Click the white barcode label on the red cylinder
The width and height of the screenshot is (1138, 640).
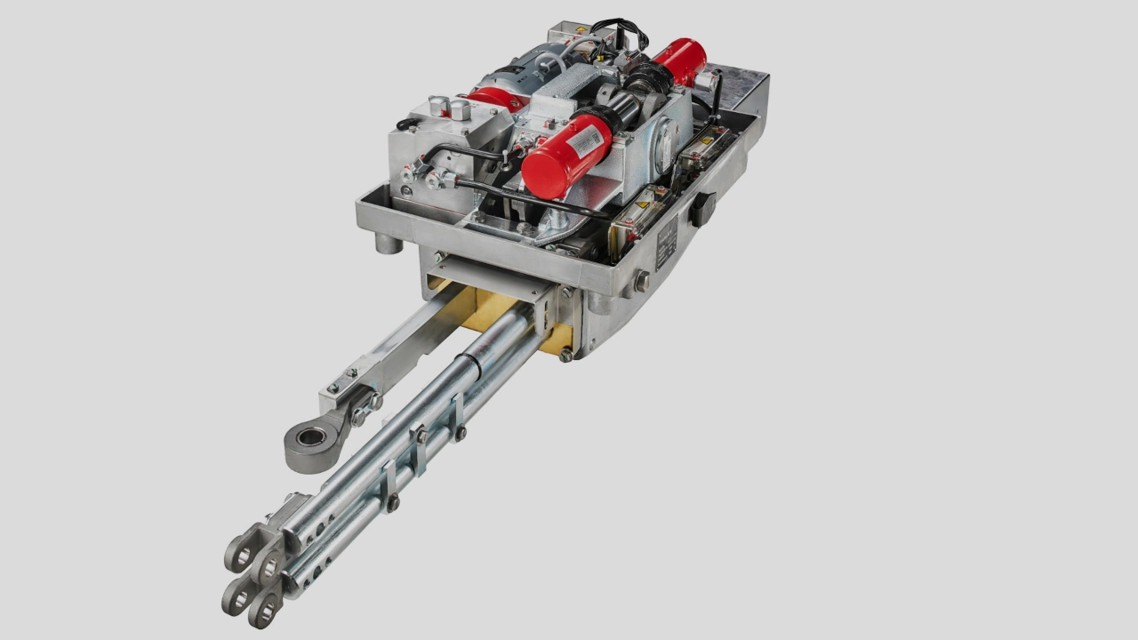[586, 140]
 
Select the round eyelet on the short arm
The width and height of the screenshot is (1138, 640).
[311, 436]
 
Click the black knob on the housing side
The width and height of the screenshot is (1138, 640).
[702, 208]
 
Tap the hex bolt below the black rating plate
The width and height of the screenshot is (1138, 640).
[640, 283]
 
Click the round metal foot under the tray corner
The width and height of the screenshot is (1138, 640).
[388, 241]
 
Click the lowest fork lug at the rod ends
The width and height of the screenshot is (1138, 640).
[264, 610]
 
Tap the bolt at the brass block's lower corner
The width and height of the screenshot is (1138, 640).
[565, 356]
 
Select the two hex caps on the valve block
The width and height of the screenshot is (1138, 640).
[449, 108]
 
